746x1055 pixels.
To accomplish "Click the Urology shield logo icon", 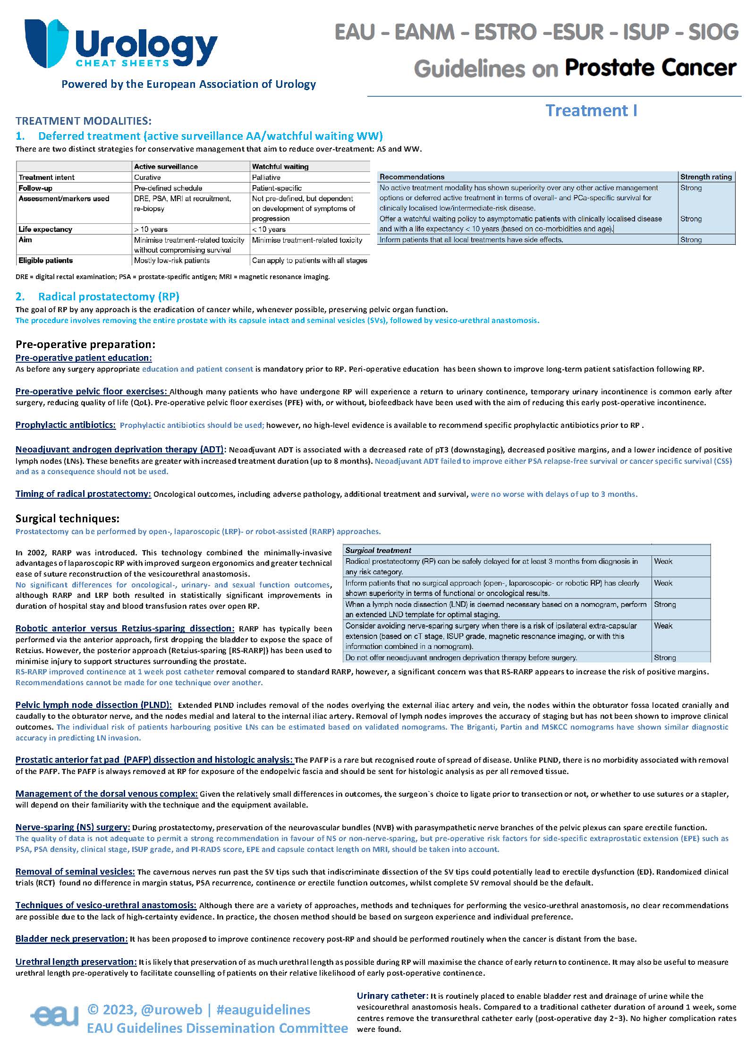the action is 46,43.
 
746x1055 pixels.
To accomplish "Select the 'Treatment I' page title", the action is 591,111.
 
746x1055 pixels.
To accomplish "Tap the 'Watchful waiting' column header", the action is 280,167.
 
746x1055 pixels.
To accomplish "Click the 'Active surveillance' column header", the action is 166,167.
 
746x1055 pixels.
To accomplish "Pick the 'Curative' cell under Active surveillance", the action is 147,178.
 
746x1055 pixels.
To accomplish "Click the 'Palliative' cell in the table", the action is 266,178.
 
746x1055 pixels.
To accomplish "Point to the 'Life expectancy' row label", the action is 45,230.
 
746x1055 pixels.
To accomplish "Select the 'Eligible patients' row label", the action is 46,260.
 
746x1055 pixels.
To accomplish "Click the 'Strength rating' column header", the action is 706,177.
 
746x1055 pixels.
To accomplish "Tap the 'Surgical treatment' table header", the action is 378,550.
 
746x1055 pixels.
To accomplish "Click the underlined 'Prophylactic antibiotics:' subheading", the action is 65,425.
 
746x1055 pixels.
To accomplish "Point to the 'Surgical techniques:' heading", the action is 67,519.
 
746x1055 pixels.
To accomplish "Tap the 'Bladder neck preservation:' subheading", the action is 71,939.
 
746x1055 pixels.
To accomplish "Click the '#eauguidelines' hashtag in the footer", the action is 263,1010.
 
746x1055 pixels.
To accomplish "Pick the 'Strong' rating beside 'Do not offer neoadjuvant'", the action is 664,657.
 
